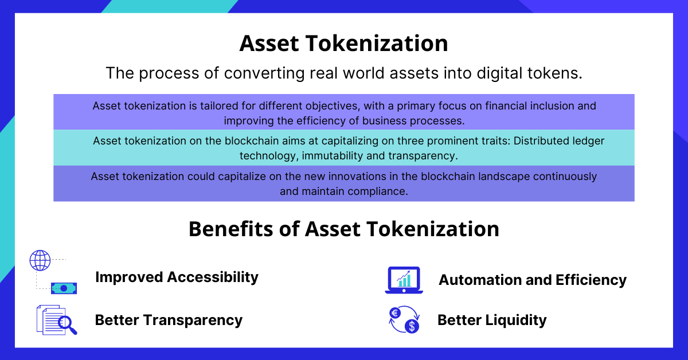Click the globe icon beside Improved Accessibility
40,260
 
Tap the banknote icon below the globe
64,288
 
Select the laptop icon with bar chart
404,280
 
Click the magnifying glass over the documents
67,324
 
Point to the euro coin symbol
395,314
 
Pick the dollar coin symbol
412,326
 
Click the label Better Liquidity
492,320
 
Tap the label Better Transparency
169,320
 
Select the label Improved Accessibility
177,277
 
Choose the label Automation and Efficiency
533,280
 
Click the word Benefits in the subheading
230,229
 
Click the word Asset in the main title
269,44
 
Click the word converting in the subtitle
264,73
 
